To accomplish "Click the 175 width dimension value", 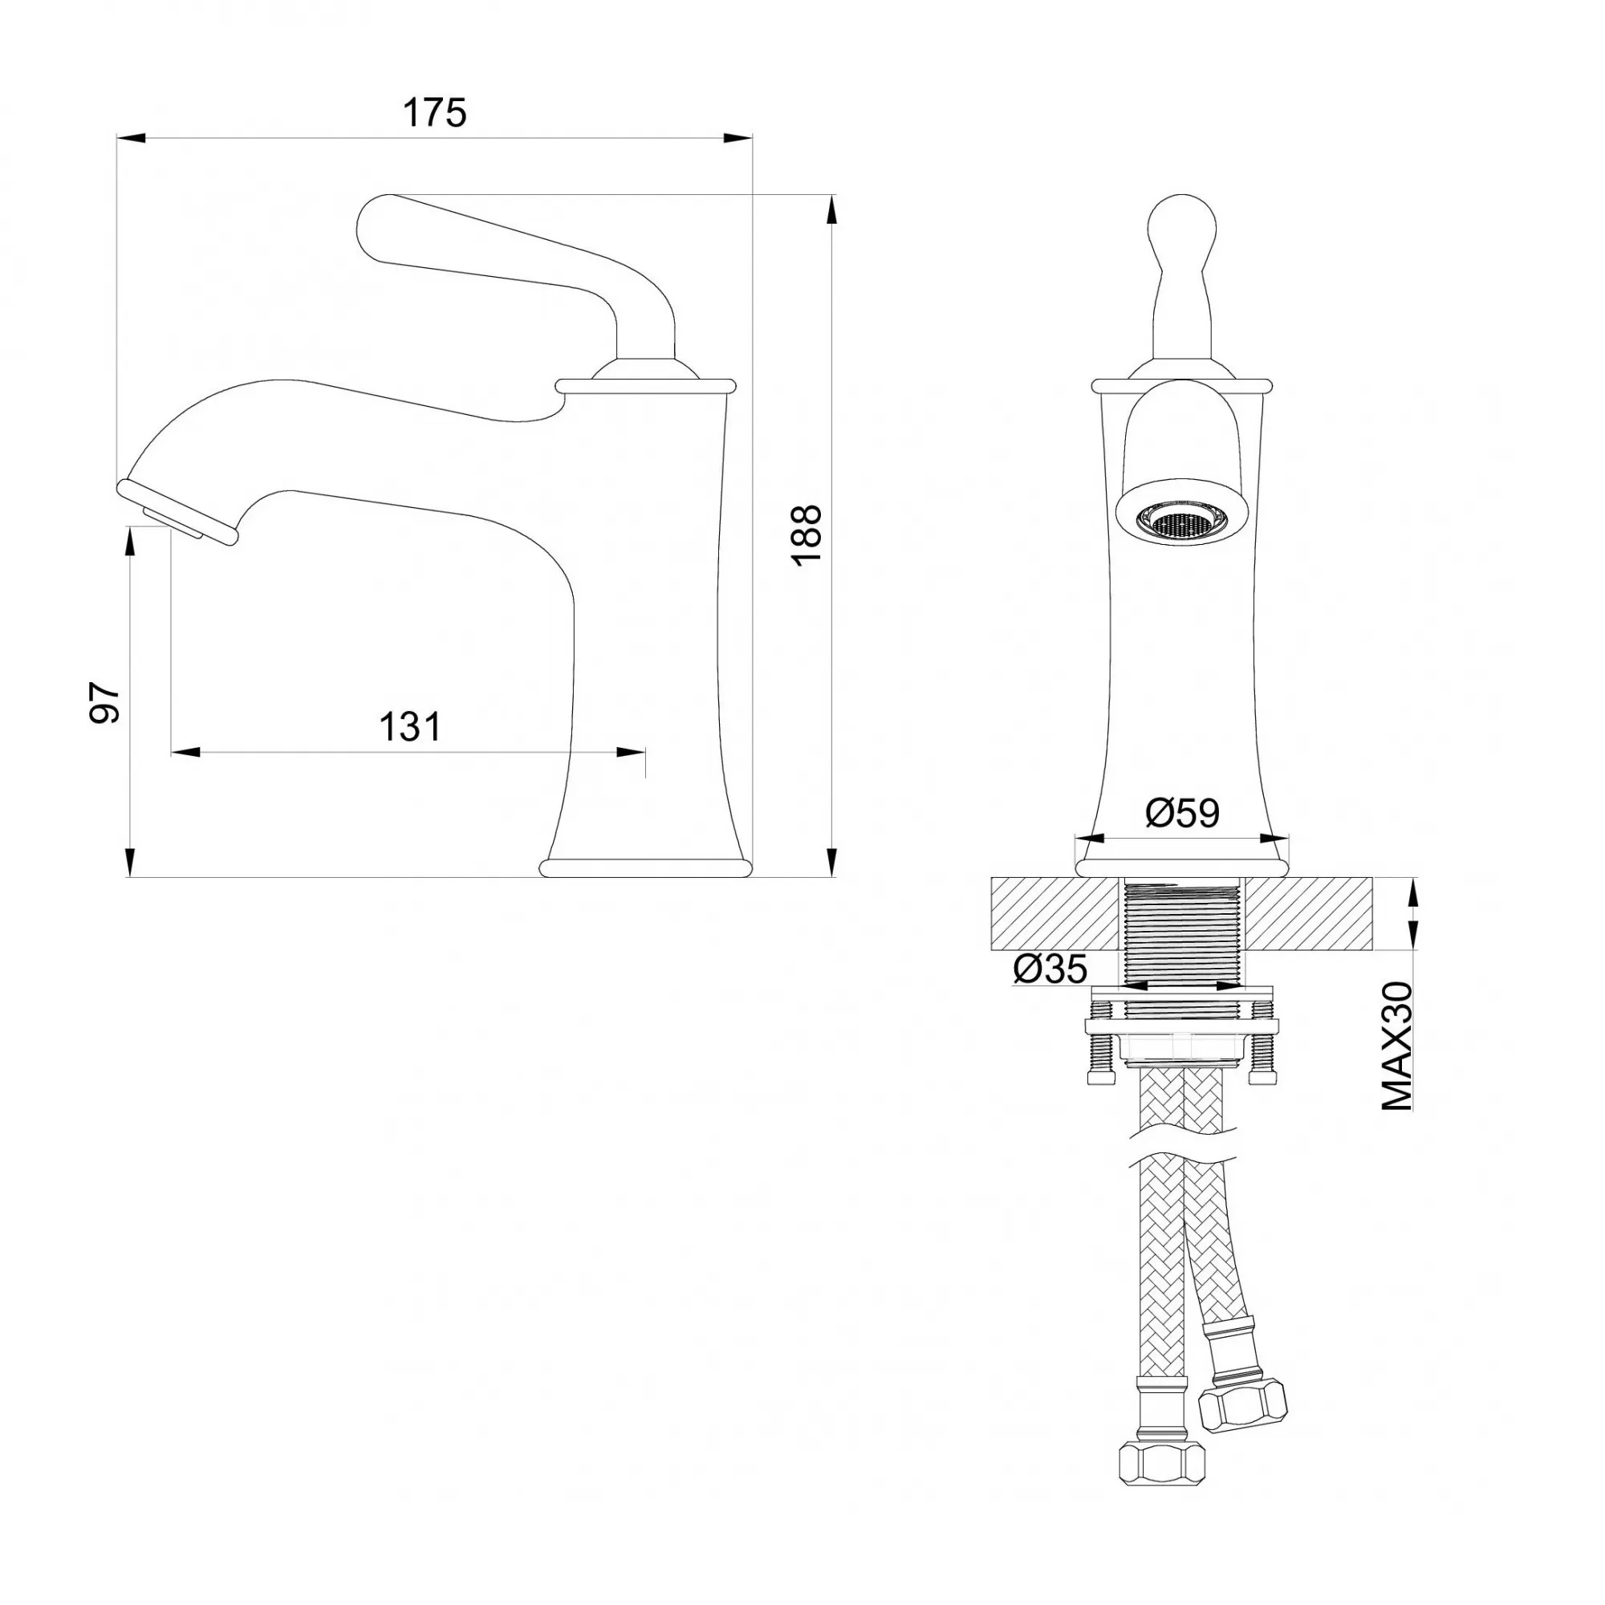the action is point(434,113).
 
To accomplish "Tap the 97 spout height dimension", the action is point(105,703).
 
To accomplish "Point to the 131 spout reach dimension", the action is point(410,727).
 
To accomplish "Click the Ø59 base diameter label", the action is point(1182,812).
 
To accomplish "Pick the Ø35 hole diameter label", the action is point(1050,969).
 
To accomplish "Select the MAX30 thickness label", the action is point(1397,1045).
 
